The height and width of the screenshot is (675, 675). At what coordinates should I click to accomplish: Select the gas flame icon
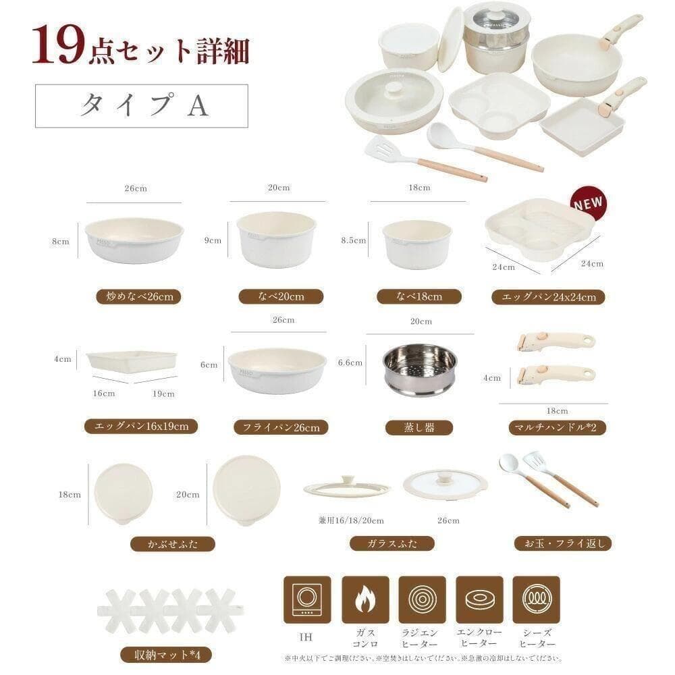(365, 599)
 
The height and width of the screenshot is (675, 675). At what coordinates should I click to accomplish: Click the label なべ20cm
(281, 296)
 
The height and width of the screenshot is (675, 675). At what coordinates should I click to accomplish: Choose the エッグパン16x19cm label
(141, 426)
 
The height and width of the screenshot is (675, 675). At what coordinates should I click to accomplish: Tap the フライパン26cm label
(281, 427)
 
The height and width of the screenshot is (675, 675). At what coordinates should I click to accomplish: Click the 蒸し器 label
(419, 427)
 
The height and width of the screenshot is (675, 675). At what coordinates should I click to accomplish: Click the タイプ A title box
(142, 105)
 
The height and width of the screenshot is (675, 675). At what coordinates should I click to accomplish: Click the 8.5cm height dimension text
(354, 240)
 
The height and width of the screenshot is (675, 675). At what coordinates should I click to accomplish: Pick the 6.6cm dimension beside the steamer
(350, 363)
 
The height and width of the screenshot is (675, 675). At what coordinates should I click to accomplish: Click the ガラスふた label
(392, 543)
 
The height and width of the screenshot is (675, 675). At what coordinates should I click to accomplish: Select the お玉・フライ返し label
(562, 543)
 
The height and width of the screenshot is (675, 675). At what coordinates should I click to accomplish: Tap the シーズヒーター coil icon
(536, 599)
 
